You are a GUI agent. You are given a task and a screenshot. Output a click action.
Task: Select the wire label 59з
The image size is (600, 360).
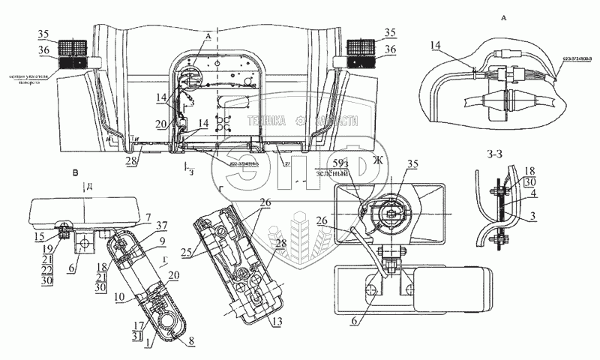click(340, 165)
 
